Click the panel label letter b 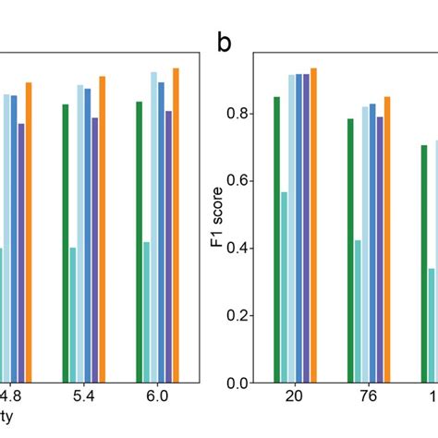click(225, 43)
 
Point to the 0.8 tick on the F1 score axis click(239, 114)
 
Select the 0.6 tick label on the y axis click(239, 181)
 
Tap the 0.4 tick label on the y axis click(239, 249)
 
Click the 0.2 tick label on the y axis click(239, 316)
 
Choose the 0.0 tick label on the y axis click(239, 383)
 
